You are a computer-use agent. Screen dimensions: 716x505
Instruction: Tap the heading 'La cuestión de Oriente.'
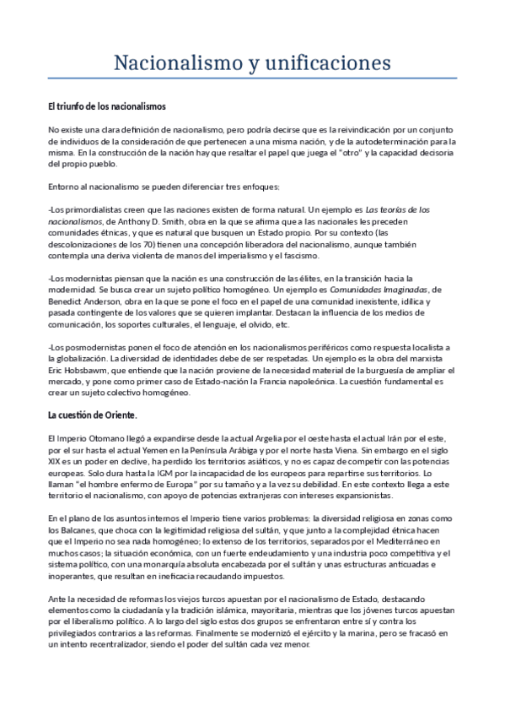tap(93, 416)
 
